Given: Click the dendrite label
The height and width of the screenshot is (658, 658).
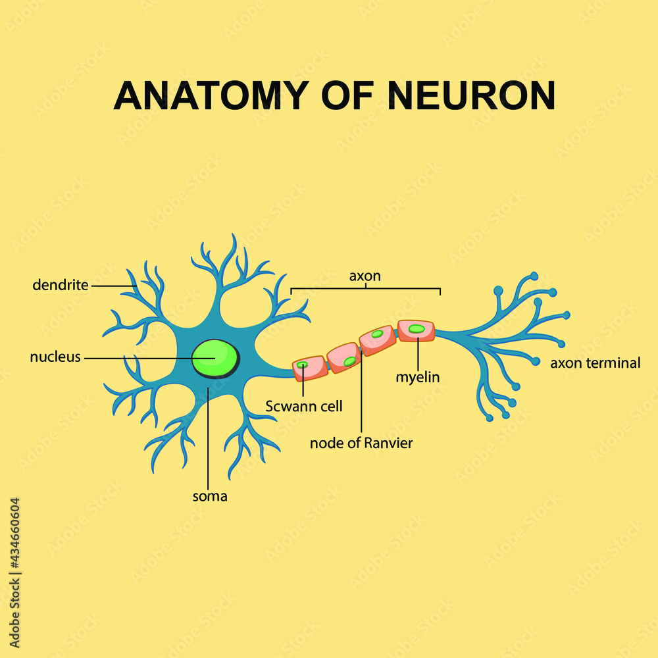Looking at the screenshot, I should pos(61,286).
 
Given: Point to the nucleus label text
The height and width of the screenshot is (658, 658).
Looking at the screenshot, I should pos(55,357).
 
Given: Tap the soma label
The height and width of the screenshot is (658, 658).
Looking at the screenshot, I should pos(209,496).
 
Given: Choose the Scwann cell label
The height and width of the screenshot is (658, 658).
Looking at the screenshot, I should pos(304,406).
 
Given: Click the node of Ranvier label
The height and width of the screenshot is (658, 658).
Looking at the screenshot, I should pos(361,443).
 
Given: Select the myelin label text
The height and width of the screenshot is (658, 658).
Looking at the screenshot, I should pos(417,377).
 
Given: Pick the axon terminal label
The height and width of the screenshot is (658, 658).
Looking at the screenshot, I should pos(595,363).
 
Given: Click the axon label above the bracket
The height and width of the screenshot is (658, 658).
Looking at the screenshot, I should pos(365,276).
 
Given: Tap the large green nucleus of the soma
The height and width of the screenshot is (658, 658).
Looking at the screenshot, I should pos(215,358).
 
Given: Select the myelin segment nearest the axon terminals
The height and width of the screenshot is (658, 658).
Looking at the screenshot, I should pos(416,330).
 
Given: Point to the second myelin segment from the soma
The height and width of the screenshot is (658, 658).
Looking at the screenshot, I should pos(343,357).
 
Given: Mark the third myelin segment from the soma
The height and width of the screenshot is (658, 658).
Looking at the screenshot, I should pos(378,340).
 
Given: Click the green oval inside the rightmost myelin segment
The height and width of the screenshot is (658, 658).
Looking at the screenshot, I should pos(417,328).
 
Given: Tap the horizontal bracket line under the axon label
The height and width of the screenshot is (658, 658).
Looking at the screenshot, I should pos(365,288).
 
